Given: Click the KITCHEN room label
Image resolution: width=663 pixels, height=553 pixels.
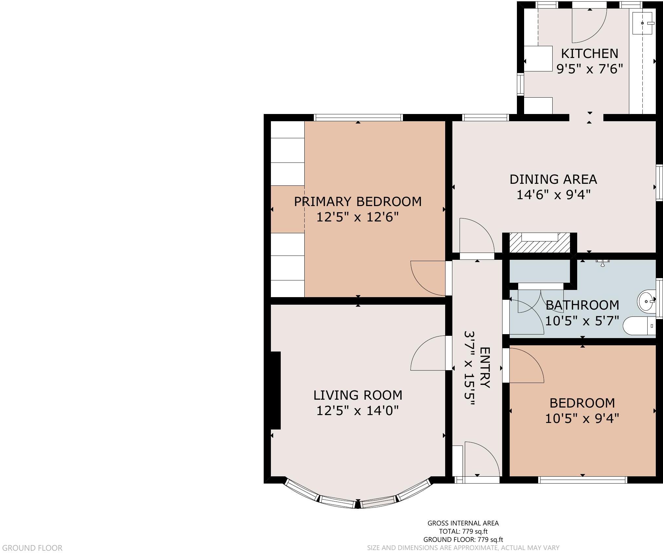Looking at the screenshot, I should [589, 53].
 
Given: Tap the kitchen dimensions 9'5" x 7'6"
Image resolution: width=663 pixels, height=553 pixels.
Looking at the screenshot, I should [589, 69].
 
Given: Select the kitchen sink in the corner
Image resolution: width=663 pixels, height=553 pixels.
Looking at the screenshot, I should [642, 23].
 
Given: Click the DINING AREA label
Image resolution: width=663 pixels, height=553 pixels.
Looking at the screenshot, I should [553, 180].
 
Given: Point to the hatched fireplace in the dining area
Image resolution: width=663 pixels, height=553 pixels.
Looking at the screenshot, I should [540, 243].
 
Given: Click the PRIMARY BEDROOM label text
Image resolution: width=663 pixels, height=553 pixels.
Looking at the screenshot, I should [358, 201].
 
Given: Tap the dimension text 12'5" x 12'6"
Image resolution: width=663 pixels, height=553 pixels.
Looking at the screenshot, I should [358, 217].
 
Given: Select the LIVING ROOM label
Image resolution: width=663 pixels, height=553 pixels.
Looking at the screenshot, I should [358, 395].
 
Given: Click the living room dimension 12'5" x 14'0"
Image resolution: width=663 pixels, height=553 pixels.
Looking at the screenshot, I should [358, 410].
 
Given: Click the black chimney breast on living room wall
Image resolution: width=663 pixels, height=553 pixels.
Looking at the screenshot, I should [275, 390].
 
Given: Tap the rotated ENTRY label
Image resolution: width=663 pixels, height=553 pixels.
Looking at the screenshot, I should [485, 368].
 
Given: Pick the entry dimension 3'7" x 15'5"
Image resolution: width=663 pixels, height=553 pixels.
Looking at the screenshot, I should [469, 369].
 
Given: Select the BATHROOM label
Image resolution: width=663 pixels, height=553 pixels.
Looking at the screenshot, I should [582, 305].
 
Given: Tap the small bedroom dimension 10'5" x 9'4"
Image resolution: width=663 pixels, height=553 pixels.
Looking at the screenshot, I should [582, 418].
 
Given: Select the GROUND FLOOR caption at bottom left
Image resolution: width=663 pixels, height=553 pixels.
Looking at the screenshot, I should [32, 548].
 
